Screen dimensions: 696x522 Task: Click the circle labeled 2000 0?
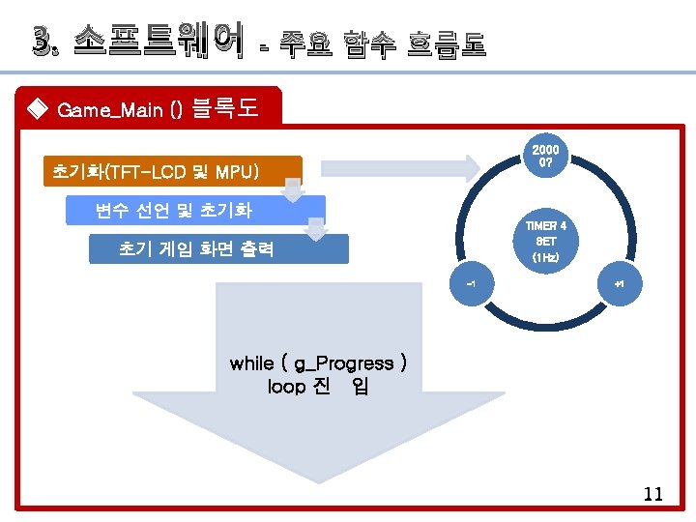[545, 158]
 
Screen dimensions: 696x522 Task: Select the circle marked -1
[471, 284]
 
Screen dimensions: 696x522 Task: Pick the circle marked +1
[619, 285]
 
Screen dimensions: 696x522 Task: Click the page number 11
[652, 494]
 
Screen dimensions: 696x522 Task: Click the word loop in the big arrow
[285, 387]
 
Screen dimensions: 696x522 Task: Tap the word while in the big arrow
[251, 363]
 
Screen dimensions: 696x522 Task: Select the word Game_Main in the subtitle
[109, 109]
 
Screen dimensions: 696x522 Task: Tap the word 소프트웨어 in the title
[157, 43]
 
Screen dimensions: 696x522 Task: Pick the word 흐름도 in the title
[446, 43]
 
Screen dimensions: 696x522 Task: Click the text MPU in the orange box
[236, 172]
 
